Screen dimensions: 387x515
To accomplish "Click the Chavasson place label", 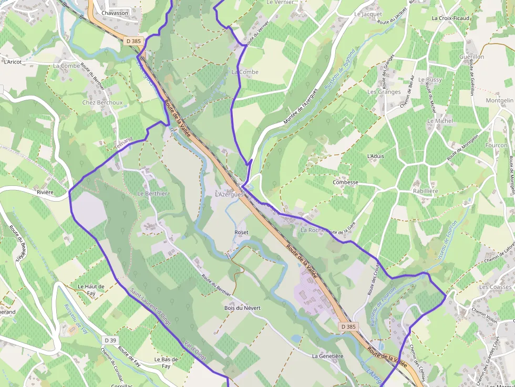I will click(x=115, y=13).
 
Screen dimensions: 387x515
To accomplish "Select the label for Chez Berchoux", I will click(x=102, y=103).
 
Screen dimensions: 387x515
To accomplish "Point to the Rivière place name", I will click(x=45, y=192).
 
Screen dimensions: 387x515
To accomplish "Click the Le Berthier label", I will click(x=152, y=193).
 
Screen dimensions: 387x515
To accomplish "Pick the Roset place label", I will click(x=241, y=232).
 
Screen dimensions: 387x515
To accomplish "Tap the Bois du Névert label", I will click(x=242, y=308).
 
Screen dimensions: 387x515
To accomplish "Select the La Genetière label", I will click(x=327, y=356).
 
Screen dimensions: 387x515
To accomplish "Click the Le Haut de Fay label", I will click(x=91, y=290).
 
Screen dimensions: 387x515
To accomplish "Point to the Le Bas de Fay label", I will click(x=166, y=363).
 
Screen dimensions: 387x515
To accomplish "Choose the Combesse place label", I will click(x=345, y=183).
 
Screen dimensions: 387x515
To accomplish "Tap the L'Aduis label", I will click(x=375, y=156).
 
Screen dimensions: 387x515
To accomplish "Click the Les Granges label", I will click(x=384, y=92).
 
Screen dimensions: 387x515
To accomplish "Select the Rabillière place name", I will click(x=425, y=191).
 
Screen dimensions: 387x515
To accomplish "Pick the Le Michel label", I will click(x=440, y=121).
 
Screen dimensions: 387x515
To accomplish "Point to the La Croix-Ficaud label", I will click(x=450, y=18).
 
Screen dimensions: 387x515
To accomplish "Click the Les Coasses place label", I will click(x=495, y=287).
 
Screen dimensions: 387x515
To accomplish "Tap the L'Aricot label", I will click(x=13, y=62).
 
